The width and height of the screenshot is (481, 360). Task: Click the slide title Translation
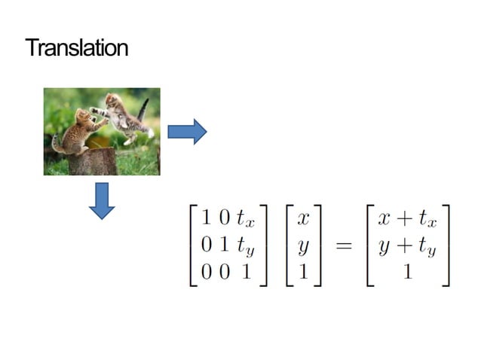pos(77,48)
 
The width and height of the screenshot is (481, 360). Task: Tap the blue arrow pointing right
pos(186,132)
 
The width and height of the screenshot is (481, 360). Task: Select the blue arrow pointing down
pos(101,200)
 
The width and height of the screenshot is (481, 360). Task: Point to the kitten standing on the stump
pos(78,130)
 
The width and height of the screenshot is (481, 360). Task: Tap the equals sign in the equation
pos(344,246)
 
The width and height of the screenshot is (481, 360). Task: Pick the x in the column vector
pos(303,219)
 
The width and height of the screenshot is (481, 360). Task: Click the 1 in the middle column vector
pos(303,273)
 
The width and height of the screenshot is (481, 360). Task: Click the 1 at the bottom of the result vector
pos(407,273)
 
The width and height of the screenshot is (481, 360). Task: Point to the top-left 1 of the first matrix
pos(205,219)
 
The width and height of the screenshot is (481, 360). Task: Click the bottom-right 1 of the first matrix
pos(246,273)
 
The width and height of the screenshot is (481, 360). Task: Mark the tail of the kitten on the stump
pos(56,142)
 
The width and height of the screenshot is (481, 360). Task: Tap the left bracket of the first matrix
pos(193,246)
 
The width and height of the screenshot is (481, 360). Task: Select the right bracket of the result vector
pos(446,246)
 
